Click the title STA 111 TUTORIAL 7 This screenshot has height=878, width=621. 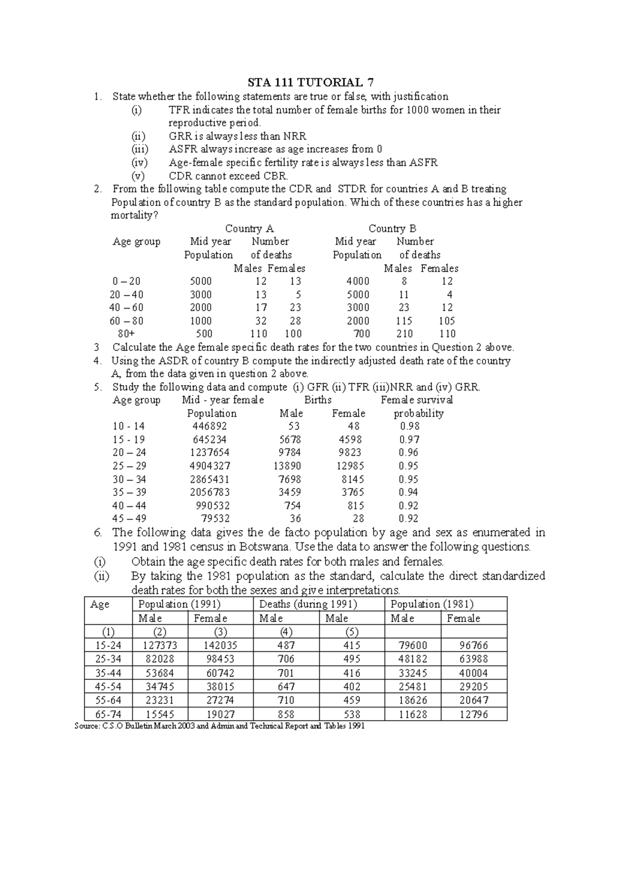pos(310,82)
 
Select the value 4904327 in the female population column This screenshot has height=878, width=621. pos(210,466)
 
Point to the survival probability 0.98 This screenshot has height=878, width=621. pos(409,426)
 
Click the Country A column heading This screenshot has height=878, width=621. pos(249,228)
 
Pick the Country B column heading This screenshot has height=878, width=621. pos(392,228)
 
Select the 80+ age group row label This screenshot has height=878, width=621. pos(126,334)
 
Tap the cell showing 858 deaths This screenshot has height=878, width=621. pos(286,714)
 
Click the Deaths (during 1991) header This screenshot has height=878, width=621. pos(308,604)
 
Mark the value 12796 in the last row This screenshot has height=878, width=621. pos(474,714)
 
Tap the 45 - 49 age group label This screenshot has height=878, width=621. pos(129,518)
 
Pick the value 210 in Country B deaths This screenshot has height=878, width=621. pos(404,334)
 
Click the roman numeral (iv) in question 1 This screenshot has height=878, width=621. pos(140,163)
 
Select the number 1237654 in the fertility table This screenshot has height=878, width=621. pos(210,452)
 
